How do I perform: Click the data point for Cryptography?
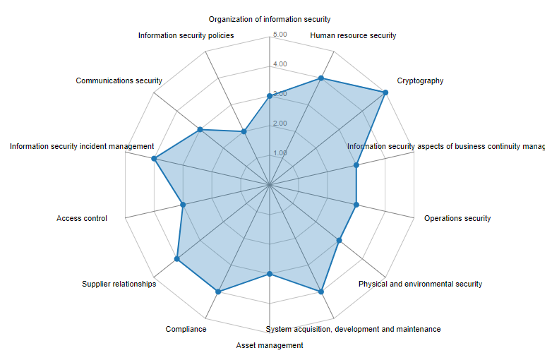point(385,92)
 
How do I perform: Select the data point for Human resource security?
point(321,78)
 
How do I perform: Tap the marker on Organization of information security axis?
point(270,96)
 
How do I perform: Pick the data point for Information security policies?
point(244,131)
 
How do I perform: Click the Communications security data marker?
point(200,130)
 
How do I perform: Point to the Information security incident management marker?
point(154,159)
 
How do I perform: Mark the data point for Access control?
point(183,205)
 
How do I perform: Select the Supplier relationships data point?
point(177,260)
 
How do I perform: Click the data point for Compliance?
point(218,292)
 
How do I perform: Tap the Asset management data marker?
point(270,274)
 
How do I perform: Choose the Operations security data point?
point(356,205)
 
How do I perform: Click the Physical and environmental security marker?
point(339,241)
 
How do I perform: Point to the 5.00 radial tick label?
point(280,35)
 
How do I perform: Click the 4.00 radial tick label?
point(280,64)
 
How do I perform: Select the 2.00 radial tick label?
point(280,124)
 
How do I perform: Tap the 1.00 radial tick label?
point(280,152)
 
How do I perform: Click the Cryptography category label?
point(420,80)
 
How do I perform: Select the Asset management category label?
point(270,345)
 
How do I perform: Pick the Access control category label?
point(82,218)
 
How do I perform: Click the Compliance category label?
point(186,329)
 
